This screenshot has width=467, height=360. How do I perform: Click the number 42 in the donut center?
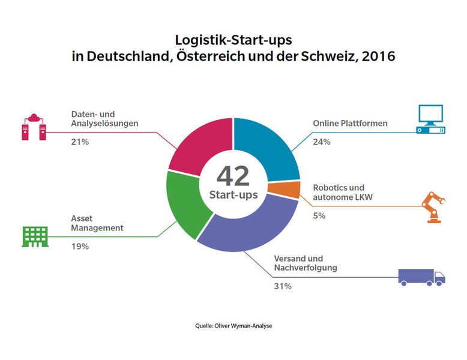233,175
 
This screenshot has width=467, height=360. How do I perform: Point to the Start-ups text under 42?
233,195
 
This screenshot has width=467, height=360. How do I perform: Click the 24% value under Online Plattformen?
321,143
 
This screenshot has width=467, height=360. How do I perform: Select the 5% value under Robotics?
319,215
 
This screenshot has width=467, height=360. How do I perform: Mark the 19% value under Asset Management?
80,246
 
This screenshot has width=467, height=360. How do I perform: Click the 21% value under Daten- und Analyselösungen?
80,143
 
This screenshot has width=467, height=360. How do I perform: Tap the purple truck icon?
421,277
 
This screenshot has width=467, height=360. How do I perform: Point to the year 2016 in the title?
375,58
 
